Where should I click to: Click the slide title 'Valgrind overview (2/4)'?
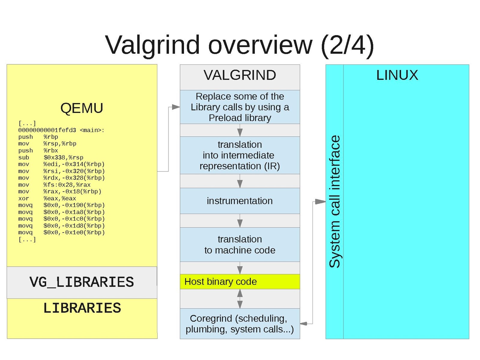pos(240,45)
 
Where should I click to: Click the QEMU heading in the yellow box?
pos(82,108)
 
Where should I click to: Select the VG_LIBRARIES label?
pos(82,282)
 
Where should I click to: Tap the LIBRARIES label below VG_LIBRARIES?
pos(82,308)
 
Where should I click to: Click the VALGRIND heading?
pos(240,75)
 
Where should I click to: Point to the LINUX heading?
pos(397,75)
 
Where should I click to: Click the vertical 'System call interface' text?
pos(335,201)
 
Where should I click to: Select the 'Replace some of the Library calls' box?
pos(240,107)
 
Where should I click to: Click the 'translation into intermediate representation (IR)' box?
pos(240,155)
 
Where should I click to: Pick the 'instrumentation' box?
pos(240,201)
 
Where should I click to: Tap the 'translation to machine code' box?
pos(240,245)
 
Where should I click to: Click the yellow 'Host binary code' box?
pos(240,282)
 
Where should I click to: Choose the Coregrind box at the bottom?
pos(240,324)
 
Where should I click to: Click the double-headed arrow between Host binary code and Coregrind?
pos(240,299)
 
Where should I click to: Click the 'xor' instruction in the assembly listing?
pos(24,198)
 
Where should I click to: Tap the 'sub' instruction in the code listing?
pos(24,158)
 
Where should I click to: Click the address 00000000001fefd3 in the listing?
pos(47,130)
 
